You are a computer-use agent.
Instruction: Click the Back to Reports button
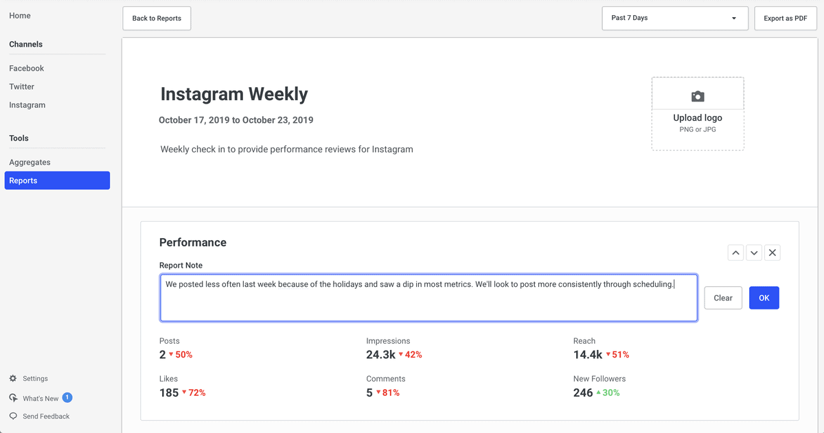(157, 19)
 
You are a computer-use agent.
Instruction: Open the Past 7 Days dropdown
(675, 18)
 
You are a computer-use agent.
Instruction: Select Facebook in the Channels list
(27, 68)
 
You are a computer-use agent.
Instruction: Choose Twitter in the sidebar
(22, 86)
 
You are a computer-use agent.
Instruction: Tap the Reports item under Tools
(57, 180)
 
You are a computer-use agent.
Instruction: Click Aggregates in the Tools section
(30, 162)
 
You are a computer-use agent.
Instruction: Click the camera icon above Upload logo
(698, 96)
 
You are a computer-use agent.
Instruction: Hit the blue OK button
(764, 298)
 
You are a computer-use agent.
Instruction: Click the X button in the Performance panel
(772, 253)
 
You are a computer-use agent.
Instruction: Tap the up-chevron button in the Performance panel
(735, 253)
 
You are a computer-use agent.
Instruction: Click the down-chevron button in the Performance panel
(754, 253)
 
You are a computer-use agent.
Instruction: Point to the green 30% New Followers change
(608, 393)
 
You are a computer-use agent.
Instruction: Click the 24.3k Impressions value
(380, 354)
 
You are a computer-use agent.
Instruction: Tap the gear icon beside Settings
(13, 378)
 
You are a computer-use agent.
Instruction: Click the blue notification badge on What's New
(67, 397)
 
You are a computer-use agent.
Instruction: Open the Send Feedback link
(46, 416)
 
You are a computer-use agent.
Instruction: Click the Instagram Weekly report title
(234, 94)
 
